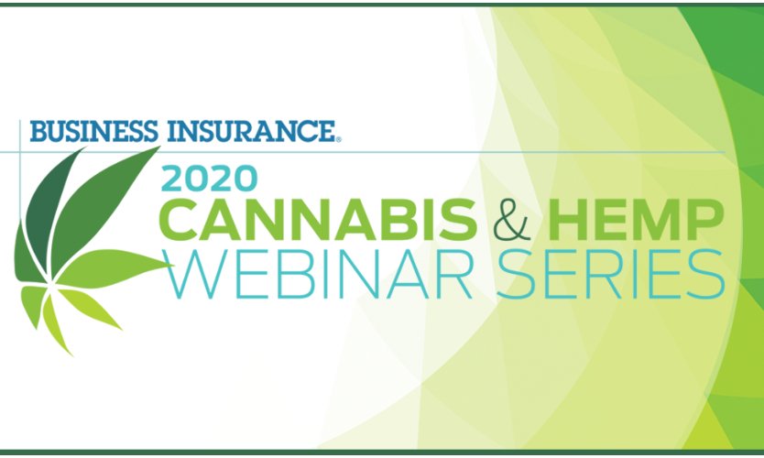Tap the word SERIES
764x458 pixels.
pos(607,274)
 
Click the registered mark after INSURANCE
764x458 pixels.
pos(339,139)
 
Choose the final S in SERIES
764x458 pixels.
pos(707,274)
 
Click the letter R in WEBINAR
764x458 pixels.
pos(454,274)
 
